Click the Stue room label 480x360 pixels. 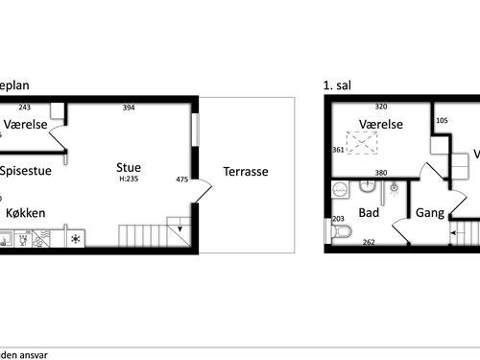click(129, 167)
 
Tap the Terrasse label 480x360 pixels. click(246, 173)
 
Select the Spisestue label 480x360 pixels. click(26, 173)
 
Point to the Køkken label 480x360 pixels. click(25, 212)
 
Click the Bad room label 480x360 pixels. click(369, 212)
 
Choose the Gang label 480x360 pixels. click(430, 212)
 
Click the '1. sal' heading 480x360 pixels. click(339, 85)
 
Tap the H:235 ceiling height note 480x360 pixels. click(130, 180)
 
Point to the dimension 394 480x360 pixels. click(129, 108)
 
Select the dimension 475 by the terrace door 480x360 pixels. click(182, 180)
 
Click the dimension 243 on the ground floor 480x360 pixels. click(24, 108)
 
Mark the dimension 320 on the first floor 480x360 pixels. click(379, 108)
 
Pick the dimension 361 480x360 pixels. click(338, 151)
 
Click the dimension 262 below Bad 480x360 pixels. click(369, 242)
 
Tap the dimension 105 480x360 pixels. click(442, 121)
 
